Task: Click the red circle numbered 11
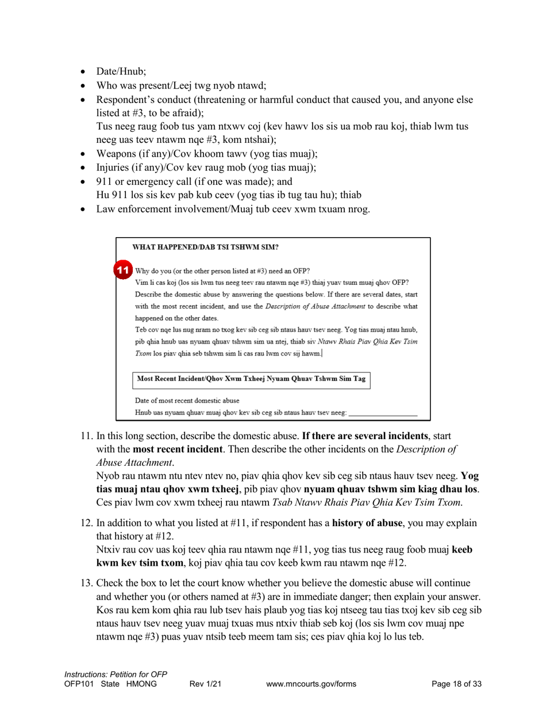tap(122, 270)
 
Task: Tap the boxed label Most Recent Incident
tap(252, 379)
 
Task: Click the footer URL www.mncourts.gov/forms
tap(312, 684)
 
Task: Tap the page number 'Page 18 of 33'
tap(457, 684)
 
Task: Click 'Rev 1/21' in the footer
tap(205, 684)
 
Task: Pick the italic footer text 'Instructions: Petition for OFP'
tap(116, 674)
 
